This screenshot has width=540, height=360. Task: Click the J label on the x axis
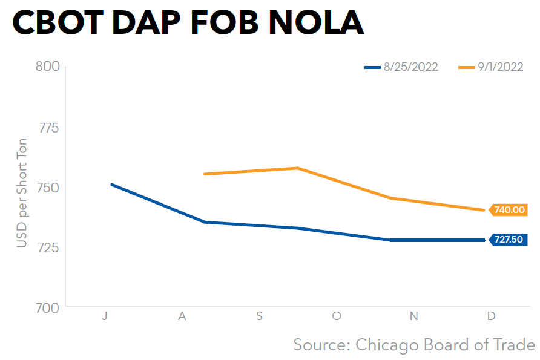[x=105, y=316]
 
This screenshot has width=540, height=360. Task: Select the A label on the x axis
[x=182, y=316]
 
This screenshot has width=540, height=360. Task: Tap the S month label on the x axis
[x=259, y=316]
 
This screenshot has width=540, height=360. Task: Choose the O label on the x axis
[x=337, y=316]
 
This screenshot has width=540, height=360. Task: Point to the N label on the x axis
[x=414, y=316]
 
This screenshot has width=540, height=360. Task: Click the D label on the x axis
[x=491, y=316]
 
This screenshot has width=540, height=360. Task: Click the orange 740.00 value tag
[x=509, y=210]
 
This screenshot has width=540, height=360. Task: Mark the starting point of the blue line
[x=111, y=184]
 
